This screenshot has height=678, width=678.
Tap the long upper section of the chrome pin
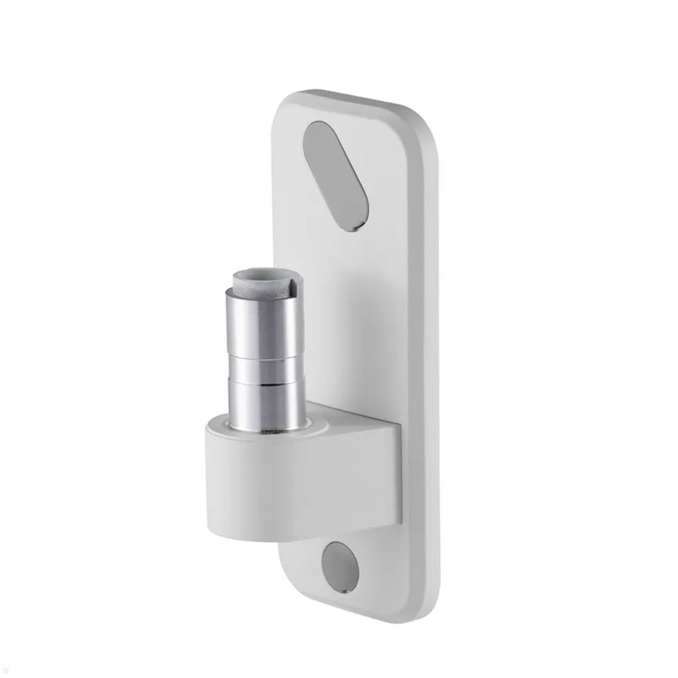tap(263, 322)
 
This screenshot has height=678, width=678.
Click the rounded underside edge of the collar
tap(249, 534)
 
